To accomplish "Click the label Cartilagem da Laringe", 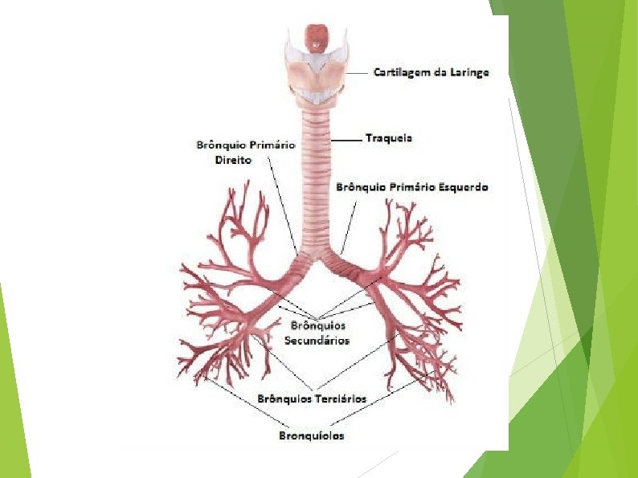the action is [x=431, y=72].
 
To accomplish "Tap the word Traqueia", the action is [x=389, y=138].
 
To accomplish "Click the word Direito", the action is [x=234, y=161].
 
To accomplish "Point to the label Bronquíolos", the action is [x=312, y=436].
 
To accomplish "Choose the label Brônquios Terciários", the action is [x=312, y=398].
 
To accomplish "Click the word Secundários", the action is [x=317, y=341].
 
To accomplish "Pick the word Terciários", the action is [x=340, y=398].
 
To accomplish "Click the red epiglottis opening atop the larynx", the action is [x=318, y=37].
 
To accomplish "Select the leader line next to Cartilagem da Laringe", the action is [x=358, y=72].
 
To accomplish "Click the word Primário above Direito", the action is [x=271, y=145].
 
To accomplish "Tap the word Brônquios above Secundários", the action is [x=317, y=326].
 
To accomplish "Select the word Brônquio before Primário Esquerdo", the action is [x=361, y=187].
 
